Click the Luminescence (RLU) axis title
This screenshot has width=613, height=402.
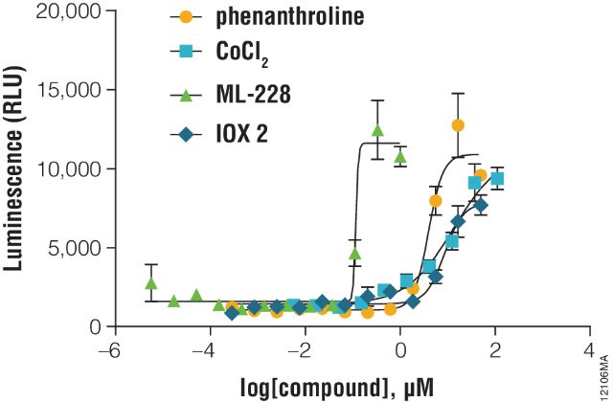click(14, 167)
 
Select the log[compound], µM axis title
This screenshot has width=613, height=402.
click(350, 387)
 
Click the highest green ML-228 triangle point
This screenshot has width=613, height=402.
click(377, 130)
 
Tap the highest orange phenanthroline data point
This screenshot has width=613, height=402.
click(458, 125)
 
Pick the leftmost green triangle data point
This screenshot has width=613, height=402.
click(150, 283)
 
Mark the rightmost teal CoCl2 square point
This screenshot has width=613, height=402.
click(497, 179)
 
